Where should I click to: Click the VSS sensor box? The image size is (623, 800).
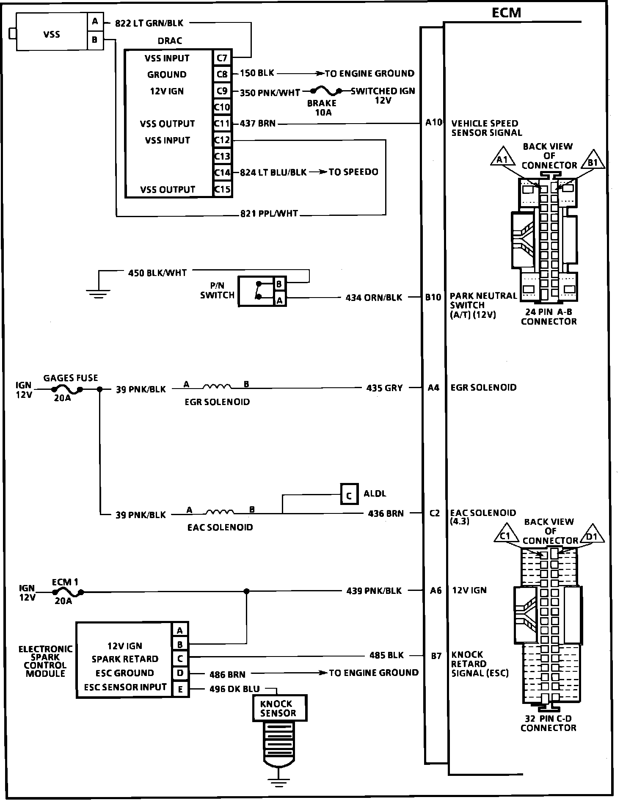(52, 32)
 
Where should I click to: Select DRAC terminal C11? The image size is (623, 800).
(222, 123)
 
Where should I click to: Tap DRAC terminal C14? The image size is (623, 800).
(222, 172)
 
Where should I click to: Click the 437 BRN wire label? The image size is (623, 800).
(257, 124)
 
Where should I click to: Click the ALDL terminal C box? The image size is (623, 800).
(349, 495)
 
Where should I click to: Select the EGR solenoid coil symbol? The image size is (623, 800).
(217, 386)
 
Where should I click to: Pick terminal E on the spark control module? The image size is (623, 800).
(180, 690)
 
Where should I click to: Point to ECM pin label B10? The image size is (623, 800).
(433, 297)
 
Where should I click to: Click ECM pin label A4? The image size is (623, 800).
(433, 387)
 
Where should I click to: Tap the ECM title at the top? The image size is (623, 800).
(506, 13)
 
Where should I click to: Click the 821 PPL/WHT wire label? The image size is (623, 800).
(269, 214)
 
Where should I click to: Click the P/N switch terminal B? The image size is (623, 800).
(278, 284)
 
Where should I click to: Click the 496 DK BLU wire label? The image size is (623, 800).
(234, 689)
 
